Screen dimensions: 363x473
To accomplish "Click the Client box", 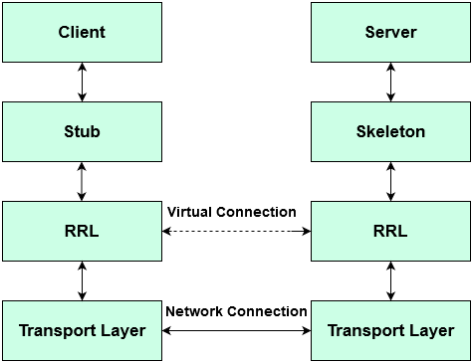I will [x=82, y=33].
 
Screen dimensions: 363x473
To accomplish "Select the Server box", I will [x=390, y=33].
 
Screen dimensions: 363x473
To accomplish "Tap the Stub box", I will [x=82, y=131].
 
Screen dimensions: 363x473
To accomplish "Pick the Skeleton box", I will [x=390, y=131].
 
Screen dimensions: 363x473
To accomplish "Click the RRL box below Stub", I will [x=82, y=231].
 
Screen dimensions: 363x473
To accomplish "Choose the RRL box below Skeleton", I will [x=390, y=231].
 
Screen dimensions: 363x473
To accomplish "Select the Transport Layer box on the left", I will [x=82, y=330].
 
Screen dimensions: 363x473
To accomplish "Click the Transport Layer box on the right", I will [x=390, y=330].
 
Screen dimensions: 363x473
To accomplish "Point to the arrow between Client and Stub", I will [x=82, y=83].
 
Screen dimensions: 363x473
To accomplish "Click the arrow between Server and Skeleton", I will [x=390, y=83].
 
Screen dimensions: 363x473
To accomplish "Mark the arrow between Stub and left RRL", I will [x=82, y=181].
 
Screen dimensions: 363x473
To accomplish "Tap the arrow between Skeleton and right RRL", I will [x=390, y=181].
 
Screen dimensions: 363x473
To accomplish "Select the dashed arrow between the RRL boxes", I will [x=236, y=231].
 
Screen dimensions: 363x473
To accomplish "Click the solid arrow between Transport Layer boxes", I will [x=236, y=330].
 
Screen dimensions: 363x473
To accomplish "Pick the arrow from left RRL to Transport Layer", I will [x=82, y=280].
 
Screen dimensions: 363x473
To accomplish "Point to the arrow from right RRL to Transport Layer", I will [x=390, y=280].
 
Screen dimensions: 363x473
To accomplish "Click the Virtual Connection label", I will [x=232, y=212].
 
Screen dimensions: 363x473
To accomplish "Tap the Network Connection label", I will [x=236, y=311].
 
